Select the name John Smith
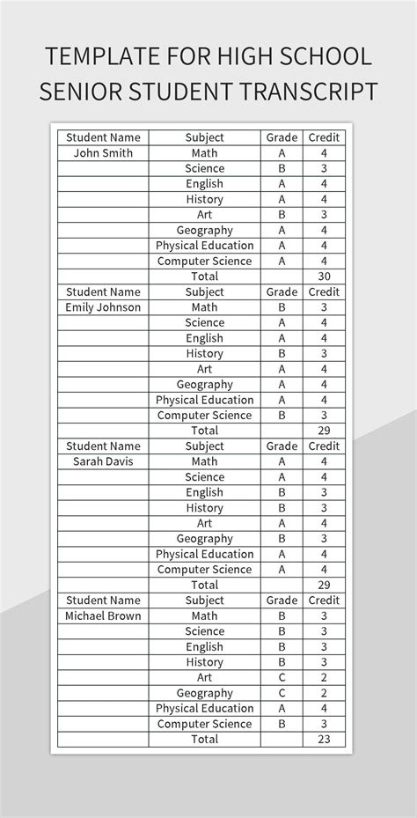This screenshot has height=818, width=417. point(103,153)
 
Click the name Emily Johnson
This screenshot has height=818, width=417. point(103,307)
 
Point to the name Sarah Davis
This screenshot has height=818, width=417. point(103,461)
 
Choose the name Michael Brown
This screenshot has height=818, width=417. point(103,615)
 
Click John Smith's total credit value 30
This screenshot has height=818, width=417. point(324,276)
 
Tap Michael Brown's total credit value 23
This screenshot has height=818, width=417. point(324,740)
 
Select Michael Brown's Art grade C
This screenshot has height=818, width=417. point(282,678)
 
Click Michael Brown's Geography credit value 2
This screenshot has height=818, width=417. point(324,693)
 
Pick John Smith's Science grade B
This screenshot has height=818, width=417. point(282,168)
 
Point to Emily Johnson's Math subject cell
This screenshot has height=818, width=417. point(204,307)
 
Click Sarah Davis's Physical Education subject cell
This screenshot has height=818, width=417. point(204,554)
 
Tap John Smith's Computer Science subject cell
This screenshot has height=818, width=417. point(204,261)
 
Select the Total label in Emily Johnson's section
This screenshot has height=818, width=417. point(204,431)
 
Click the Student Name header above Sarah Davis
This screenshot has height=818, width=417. point(103,446)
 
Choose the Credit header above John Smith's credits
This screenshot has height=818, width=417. point(324,137)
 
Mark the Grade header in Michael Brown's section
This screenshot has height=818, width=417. point(282,601)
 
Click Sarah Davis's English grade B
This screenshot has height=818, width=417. point(282,492)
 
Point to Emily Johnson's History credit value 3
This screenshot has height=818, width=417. point(324,353)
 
